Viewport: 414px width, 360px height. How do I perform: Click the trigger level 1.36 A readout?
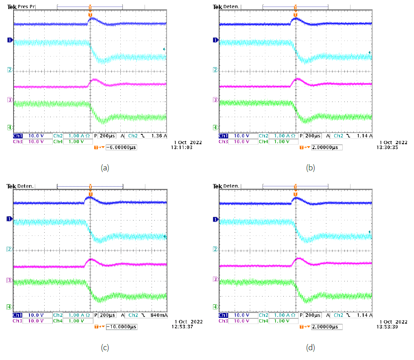(x=159, y=135)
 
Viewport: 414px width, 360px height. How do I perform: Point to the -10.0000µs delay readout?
(x=121, y=327)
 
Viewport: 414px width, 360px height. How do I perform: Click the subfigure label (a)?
(x=105, y=167)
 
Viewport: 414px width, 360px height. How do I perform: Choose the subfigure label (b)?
(x=310, y=167)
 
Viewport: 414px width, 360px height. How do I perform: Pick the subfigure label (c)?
(x=105, y=348)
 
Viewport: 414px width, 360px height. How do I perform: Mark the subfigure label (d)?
(x=310, y=348)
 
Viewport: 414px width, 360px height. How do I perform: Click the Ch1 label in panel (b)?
(x=224, y=135)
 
